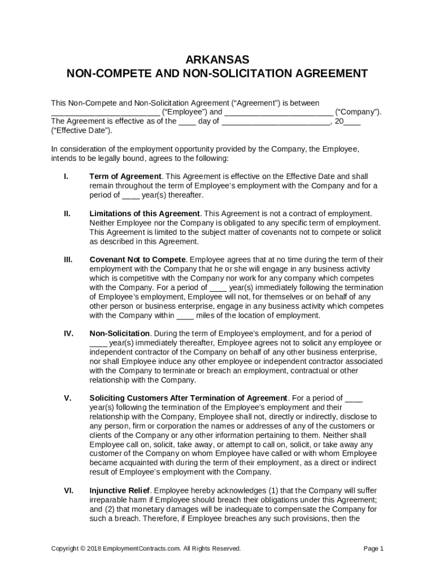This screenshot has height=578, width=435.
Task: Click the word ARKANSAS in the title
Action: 217,60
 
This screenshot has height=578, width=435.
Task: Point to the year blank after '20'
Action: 353,121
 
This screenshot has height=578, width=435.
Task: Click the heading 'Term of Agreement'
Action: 125,177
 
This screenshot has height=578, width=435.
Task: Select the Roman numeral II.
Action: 67,213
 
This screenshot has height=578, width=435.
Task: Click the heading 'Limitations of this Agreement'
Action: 145,213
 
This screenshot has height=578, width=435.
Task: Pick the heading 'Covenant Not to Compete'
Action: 138,260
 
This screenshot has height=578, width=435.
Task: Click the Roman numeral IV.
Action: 68,334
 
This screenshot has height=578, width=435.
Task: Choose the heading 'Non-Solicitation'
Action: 120,334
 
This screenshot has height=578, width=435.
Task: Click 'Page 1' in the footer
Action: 373,549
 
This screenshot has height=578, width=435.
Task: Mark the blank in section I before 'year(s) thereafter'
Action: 130,195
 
